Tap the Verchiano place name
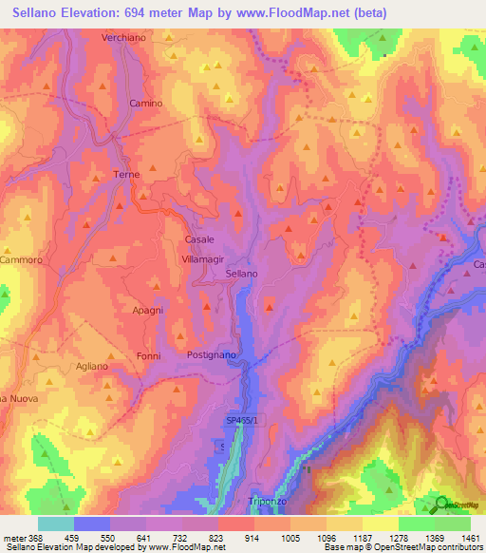pyautogui.click(x=121, y=38)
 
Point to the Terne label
pyautogui.click(x=126, y=175)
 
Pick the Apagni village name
pyautogui.click(x=149, y=310)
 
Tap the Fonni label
pyautogui.click(x=148, y=355)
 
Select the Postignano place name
pyautogui.click(x=211, y=354)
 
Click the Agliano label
pyautogui.click(x=92, y=366)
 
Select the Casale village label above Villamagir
pyautogui.click(x=199, y=239)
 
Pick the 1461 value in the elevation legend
pyautogui.click(x=470, y=538)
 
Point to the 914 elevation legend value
pyautogui.click(x=253, y=538)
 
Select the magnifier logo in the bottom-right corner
pyautogui.click(x=441, y=505)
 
